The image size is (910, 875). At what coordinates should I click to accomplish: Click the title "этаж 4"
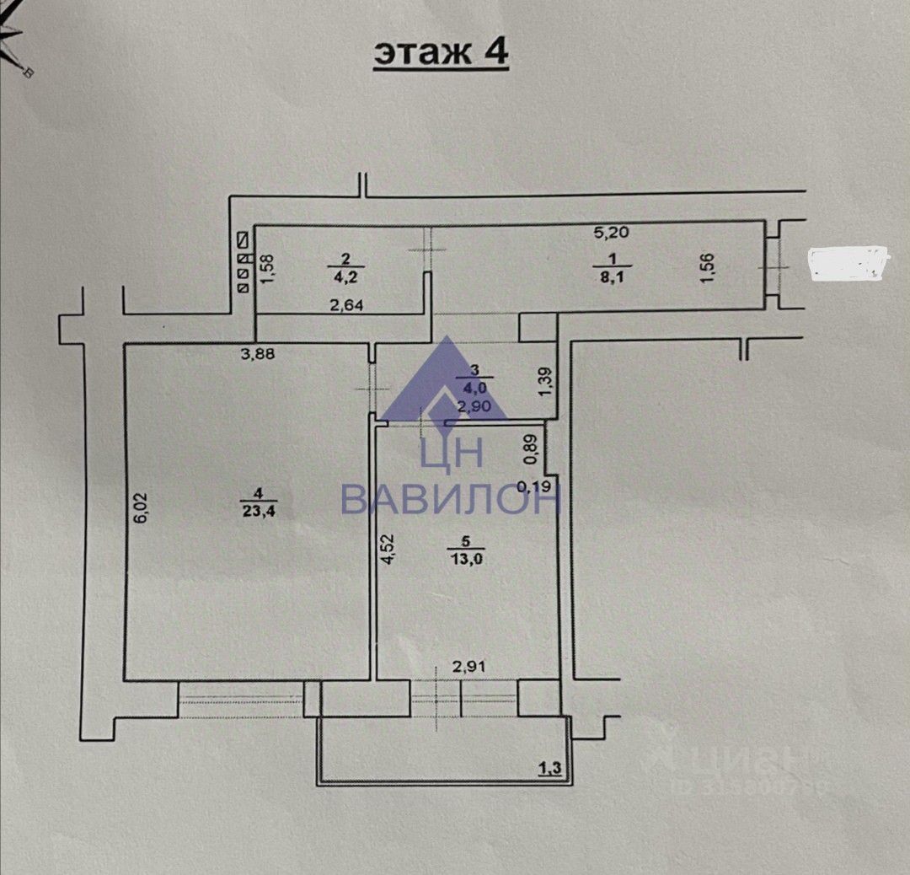pos(441,51)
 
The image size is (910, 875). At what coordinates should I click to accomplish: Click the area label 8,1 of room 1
pos(613,273)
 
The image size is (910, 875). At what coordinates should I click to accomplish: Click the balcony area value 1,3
pos(549,768)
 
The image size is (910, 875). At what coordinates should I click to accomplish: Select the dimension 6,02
pos(142,508)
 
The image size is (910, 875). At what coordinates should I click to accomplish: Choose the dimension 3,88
pos(258,354)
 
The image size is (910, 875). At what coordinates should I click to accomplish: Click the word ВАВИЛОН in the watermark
pos(451,499)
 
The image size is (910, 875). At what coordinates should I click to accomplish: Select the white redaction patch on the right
pos(848,263)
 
